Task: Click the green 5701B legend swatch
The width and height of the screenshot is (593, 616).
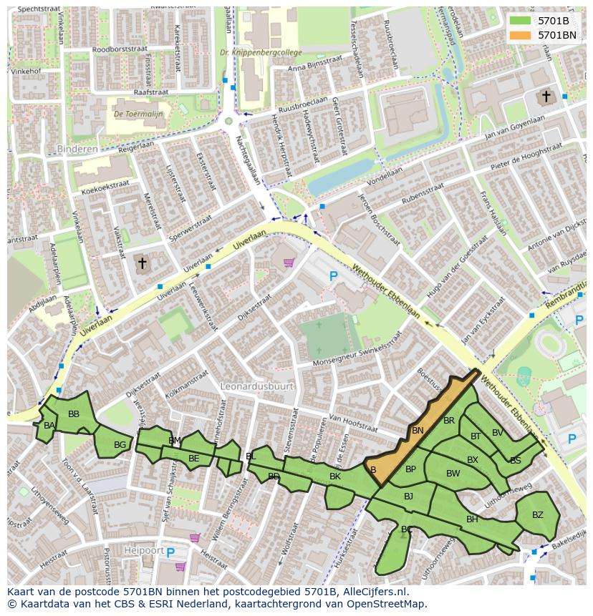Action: [x=521, y=21]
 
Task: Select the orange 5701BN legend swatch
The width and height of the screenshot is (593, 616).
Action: [x=521, y=34]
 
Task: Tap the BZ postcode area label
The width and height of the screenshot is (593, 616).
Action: [x=537, y=515]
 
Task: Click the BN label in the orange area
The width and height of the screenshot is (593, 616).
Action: [x=418, y=431]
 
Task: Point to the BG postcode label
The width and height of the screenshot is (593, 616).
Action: [x=120, y=445]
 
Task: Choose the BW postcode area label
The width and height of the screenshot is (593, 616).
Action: [x=453, y=474]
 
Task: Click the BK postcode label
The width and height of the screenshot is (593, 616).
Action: [x=335, y=476]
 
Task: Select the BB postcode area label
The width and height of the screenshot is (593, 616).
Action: [x=74, y=414]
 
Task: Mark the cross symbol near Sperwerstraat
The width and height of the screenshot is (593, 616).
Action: [x=142, y=264]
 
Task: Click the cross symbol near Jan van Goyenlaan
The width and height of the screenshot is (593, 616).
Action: [x=546, y=96]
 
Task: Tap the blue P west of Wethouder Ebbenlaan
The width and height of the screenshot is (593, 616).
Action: [x=332, y=275]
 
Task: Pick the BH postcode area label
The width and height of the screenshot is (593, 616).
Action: [x=472, y=519]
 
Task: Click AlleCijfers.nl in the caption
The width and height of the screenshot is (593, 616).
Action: [x=373, y=592]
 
